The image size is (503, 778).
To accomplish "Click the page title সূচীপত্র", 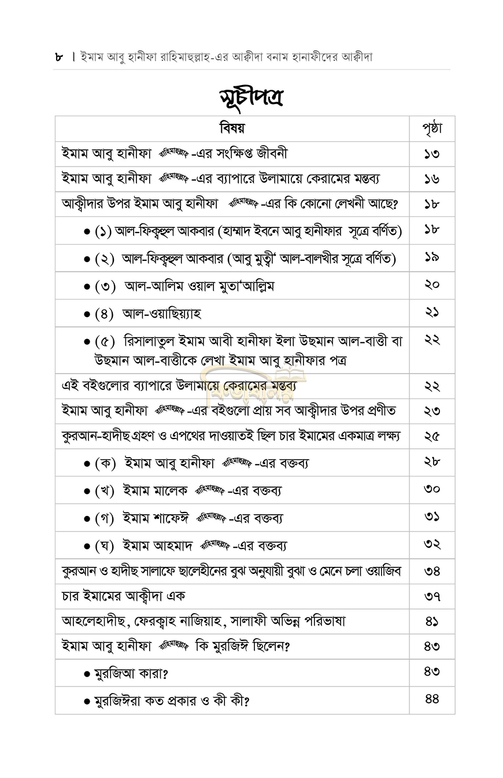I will pyautogui.click(x=251, y=97).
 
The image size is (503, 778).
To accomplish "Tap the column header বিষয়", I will pyautogui.click(x=232, y=128).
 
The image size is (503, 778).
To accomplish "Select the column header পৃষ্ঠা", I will pyautogui.click(x=432, y=128).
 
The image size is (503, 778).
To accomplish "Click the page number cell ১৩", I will pyautogui.click(x=432, y=154).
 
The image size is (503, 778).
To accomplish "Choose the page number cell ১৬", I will pyautogui.click(x=432, y=179).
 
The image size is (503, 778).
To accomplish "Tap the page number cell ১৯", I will pyautogui.click(x=432, y=257).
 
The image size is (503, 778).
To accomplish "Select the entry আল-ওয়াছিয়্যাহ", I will pyautogui.click(x=162, y=314).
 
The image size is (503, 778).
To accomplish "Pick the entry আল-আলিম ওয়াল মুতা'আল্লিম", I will pyautogui.click(x=199, y=286).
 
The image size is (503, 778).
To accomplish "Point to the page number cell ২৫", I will pyautogui.click(x=432, y=436).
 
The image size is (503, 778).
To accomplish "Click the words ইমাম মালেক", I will pyautogui.click(x=155, y=491).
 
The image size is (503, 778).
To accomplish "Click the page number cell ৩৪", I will pyautogui.click(x=432, y=571).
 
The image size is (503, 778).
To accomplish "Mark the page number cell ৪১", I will pyautogui.click(x=432, y=621).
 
